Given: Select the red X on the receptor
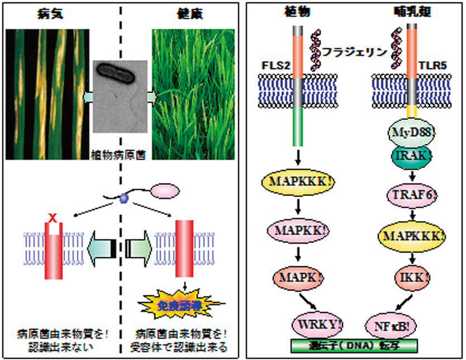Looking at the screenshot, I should [55, 216].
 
